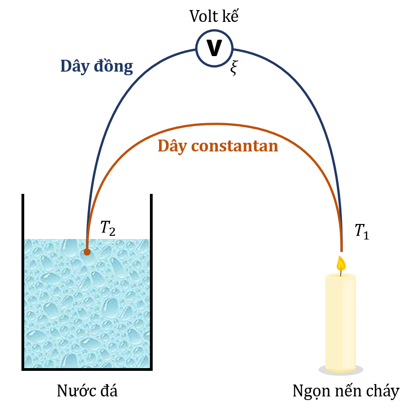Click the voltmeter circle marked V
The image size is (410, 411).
[x=214, y=48]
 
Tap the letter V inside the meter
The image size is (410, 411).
[x=214, y=48]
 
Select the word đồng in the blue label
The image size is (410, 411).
[x=113, y=66]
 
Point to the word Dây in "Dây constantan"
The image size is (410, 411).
[x=172, y=146]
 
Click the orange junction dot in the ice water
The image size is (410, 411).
[x=87, y=252]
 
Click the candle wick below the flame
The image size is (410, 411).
[x=341, y=272]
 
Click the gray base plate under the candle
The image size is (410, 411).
[x=341, y=371]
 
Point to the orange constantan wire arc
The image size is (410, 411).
[x=219, y=124]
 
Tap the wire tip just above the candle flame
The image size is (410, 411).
[x=341, y=249]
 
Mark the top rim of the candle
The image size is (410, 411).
[x=341, y=275]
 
